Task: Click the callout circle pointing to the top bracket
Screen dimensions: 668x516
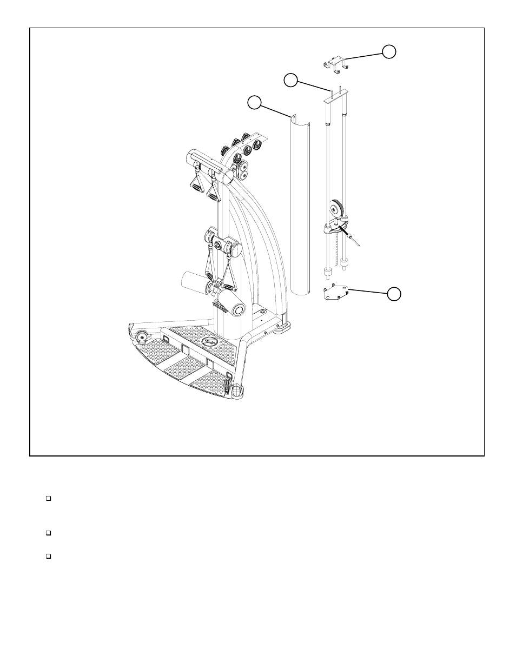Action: [x=388, y=51]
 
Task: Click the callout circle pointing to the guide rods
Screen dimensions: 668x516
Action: [x=291, y=80]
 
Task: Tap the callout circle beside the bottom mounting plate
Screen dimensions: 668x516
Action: [x=394, y=293]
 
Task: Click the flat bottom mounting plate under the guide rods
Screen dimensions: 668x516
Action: [x=335, y=294]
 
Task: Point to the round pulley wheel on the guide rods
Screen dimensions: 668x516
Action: [x=335, y=208]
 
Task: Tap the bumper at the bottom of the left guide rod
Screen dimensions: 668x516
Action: [x=327, y=272]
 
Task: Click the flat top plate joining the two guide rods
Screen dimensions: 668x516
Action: [x=336, y=100]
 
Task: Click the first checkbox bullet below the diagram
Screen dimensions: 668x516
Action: [x=48, y=498]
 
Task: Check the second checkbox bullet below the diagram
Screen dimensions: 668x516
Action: [x=48, y=533]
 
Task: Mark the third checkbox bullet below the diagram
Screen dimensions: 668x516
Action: [x=48, y=555]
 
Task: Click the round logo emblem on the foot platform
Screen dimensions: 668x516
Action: [x=208, y=342]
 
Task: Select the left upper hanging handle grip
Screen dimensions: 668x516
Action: [x=195, y=183]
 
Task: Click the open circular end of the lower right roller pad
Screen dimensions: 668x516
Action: [x=237, y=309]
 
